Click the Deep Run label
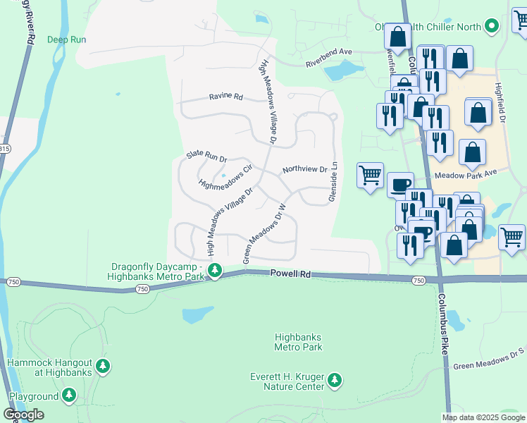(66, 39)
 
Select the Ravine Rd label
(225, 97)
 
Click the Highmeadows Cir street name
(225, 178)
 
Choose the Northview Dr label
(304, 170)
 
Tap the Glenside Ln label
(334, 183)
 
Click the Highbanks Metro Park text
(298, 342)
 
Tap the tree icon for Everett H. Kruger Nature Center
(335, 381)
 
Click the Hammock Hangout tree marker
(103, 366)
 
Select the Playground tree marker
(69, 395)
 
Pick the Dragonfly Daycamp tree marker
(215, 271)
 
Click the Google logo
(24, 414)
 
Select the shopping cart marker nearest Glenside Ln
(370, 174)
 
